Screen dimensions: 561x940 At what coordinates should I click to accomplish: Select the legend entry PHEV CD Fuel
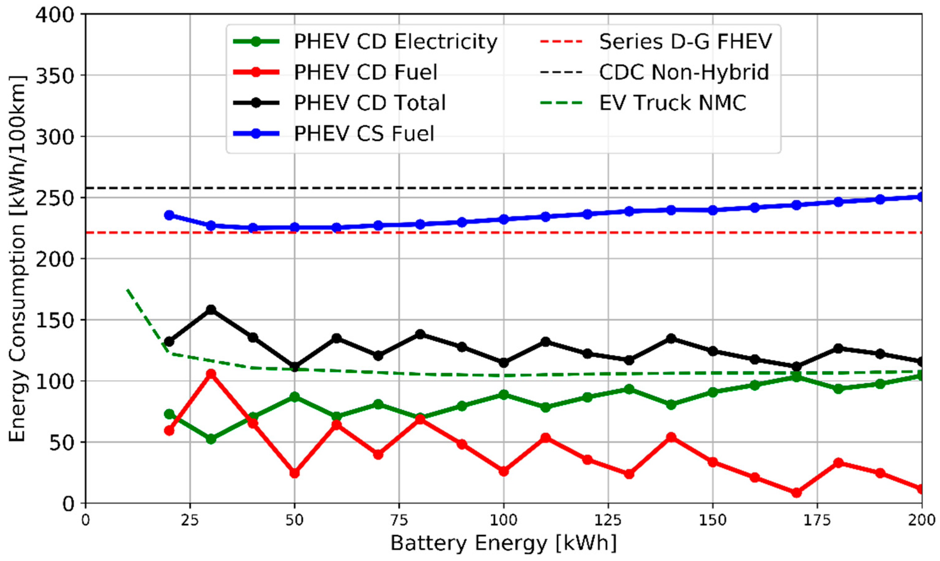pos(365,72)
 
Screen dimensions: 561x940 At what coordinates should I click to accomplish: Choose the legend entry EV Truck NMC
pos(673,103)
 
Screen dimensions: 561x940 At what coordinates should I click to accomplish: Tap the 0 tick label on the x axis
pos(86,521)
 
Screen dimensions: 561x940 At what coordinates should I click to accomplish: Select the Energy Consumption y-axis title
pos(17,259)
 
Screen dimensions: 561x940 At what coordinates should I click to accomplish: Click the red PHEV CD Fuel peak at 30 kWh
pos(211,374)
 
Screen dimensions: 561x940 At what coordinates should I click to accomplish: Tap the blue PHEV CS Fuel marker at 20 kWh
pos(169,215)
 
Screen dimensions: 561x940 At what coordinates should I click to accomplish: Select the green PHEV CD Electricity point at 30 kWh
pos(211,439)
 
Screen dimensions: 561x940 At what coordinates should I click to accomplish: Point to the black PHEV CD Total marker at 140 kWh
pos(671,338)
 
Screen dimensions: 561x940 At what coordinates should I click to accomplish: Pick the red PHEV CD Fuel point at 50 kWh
pos(294,473)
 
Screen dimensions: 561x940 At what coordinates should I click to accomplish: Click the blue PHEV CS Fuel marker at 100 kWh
pos(504,219)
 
